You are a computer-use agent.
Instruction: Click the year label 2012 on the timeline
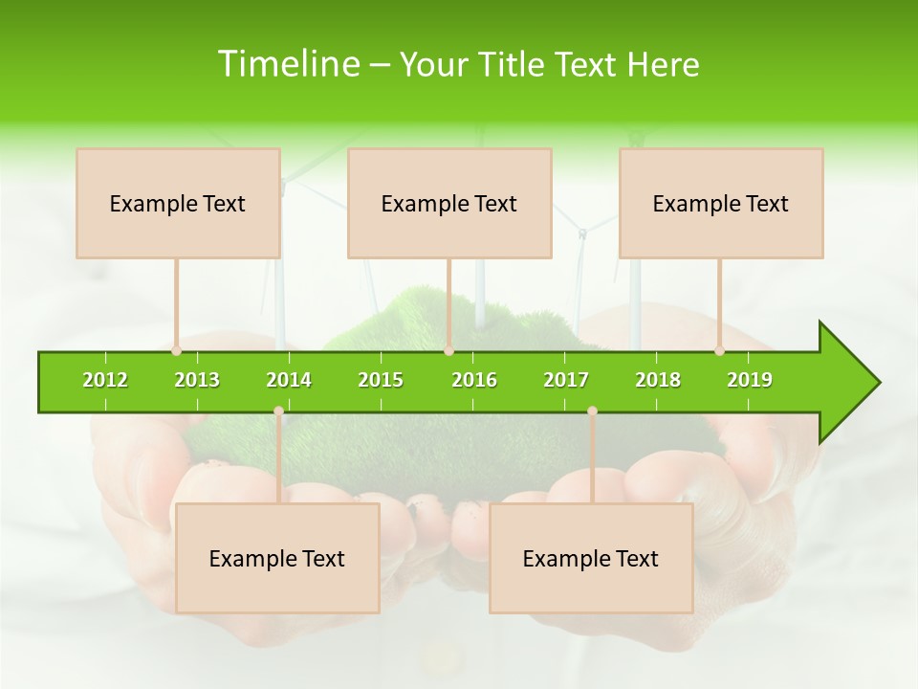point(105,380)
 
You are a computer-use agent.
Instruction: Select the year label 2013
point(197,380)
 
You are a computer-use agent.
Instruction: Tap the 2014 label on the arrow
point(289,380)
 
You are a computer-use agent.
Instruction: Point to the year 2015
point(381,380)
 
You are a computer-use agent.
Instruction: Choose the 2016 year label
point(474,380)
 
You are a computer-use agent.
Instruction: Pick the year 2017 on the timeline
point(566,380)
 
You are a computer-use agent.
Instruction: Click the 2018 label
point(658,380)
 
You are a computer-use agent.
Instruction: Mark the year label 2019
point(750,380)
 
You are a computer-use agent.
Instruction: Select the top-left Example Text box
point(178,203)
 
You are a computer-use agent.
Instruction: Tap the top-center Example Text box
point(449,203)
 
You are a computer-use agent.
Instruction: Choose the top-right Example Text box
point(721,203)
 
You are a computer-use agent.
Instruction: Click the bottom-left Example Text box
point(277,558)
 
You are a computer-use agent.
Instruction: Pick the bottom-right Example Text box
point(591,558)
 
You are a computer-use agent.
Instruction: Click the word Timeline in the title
point(288,64)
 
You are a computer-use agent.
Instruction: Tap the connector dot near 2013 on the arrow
point(177,351)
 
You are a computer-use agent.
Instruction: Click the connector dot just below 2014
point(278,411)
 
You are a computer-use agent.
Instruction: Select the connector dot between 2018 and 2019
point(720,351)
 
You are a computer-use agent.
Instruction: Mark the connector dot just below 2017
point(592,411)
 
